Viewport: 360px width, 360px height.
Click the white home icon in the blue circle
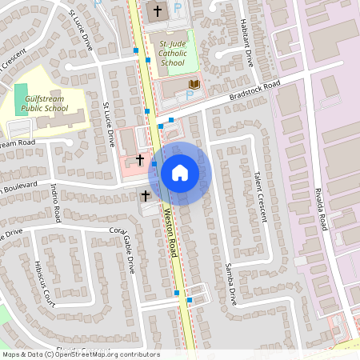click(x=179, y=172)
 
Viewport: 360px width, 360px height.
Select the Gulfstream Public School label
click(x=44, y=103)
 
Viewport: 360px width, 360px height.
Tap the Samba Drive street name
click(x=230, y=284)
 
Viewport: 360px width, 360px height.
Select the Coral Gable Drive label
click(x=123, y=240)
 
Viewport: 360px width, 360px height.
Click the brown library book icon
click(x=194, y=83)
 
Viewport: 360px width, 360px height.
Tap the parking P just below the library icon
click(x=190, y=95)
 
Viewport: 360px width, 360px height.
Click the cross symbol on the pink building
click(x=140, y=159)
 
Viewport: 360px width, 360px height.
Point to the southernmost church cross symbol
click(x=146, y=194)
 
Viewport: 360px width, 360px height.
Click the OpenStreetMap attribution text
click(x=80, y=354)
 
